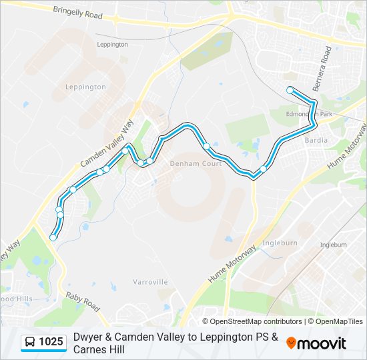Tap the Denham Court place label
click(x=196, y=163)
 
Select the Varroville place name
click(x=150, y=282)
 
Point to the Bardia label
click(x=316, y=141)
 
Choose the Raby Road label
click(x=83, y=301)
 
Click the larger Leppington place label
click(x=85, y=87)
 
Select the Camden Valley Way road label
click(x=107, y=143)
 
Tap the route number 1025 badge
click(x=51, y=342)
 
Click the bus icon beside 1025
click(x=30, y=343)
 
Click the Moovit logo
click(x=316, y=343)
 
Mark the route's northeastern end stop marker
click(x=290, y=90)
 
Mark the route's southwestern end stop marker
click(x=53, y=237)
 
